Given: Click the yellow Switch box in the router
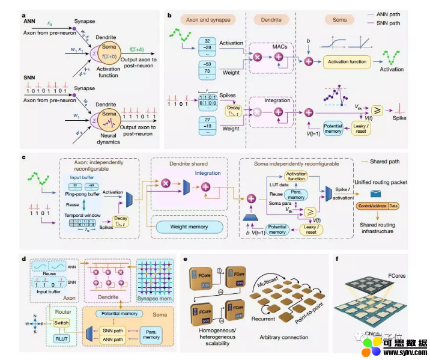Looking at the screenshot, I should pos(61,323).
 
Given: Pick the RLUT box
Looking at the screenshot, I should pos(61,339).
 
